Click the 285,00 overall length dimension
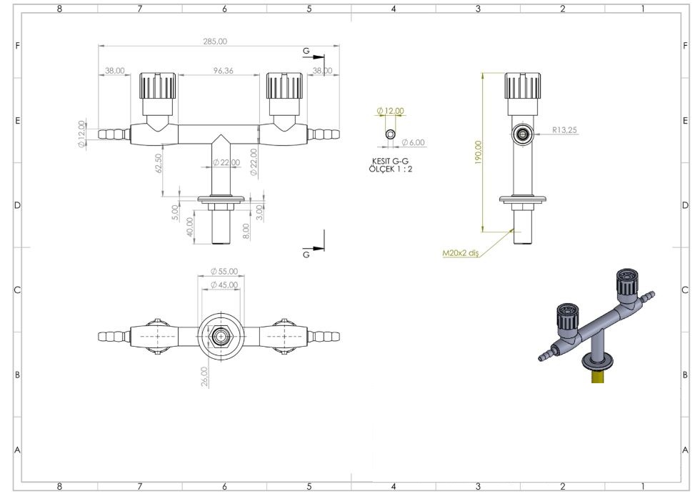pos(215,41)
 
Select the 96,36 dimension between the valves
pos(223,71)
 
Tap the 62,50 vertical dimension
pos(159,163)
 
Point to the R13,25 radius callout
pos(565,130)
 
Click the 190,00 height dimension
pos(478,152)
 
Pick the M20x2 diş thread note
pos(461,253)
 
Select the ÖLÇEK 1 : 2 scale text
pos(390,169)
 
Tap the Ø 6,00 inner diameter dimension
pos(413,142)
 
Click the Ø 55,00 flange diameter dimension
pos(224,271)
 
